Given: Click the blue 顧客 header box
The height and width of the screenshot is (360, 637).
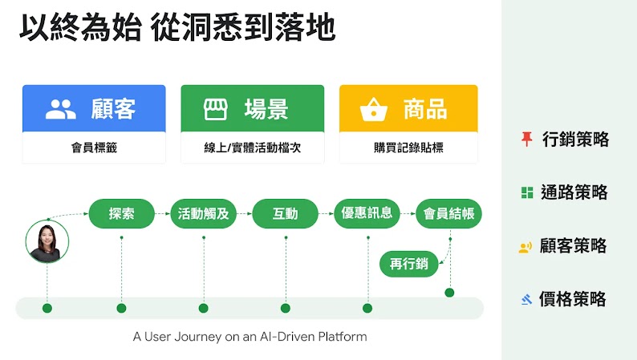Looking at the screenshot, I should tap(94, 109).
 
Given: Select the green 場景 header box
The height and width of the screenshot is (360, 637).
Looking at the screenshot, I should tap(253, 109).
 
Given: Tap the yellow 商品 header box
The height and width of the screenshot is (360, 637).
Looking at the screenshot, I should tap(408, 109).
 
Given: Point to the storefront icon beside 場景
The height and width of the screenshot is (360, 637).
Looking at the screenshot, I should tap(215, 110).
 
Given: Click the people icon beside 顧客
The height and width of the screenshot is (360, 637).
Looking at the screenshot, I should tap(60, 110).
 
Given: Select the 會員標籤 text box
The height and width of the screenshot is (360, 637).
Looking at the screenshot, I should tap(94, 148).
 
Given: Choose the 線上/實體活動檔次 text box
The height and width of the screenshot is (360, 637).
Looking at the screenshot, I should tap(253, 148).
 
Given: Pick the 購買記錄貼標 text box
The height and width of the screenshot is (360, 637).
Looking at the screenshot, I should tap(408, 148).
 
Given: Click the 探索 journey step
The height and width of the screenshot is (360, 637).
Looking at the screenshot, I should tap(121, 214).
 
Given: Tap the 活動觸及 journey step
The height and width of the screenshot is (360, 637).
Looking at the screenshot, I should tap(203, 214).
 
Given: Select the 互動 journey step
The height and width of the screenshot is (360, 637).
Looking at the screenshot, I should tap(285, 214).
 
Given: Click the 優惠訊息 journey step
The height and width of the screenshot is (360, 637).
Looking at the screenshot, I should tap(367, 214).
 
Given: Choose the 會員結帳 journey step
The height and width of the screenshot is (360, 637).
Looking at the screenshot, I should tap(448, 214).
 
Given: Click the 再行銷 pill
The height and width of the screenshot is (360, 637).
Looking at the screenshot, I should tap(408, 263).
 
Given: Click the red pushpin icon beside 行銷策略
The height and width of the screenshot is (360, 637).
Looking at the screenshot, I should tap(526, 140).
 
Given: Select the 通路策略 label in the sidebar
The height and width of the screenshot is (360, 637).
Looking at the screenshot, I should tap(574, 192).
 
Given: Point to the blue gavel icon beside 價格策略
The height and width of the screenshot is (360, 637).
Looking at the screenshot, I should tap(526, 300).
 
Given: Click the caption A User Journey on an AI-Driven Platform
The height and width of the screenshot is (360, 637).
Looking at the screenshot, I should tap(250, 337).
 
